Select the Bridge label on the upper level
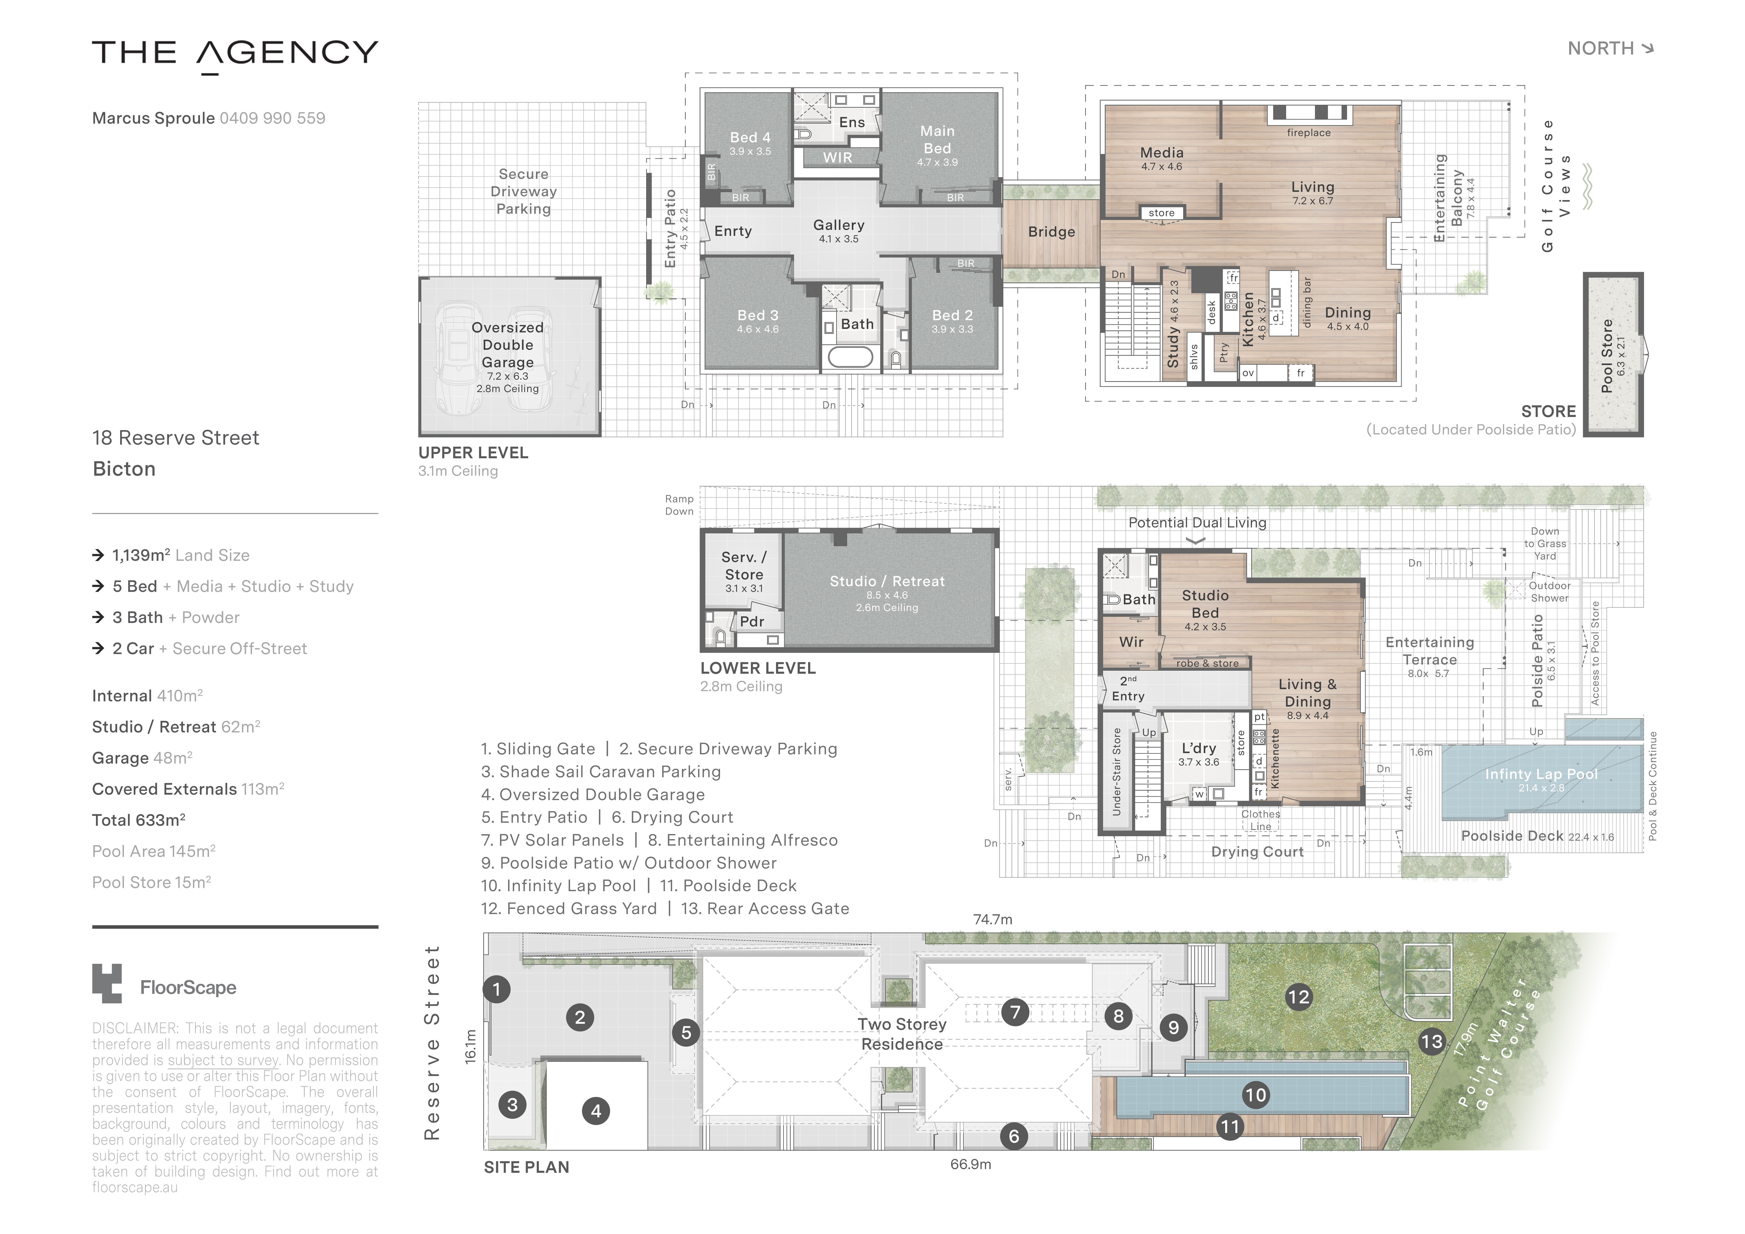coord(1051,232)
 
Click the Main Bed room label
coord(937,140)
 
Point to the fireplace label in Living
coord(1308,132)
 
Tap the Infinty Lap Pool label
coord(1541,774)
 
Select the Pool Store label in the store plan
coord(1607,356)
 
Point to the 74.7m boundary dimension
coord(993,919)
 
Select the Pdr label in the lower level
coord(752,621)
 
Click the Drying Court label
coord(1257,852)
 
